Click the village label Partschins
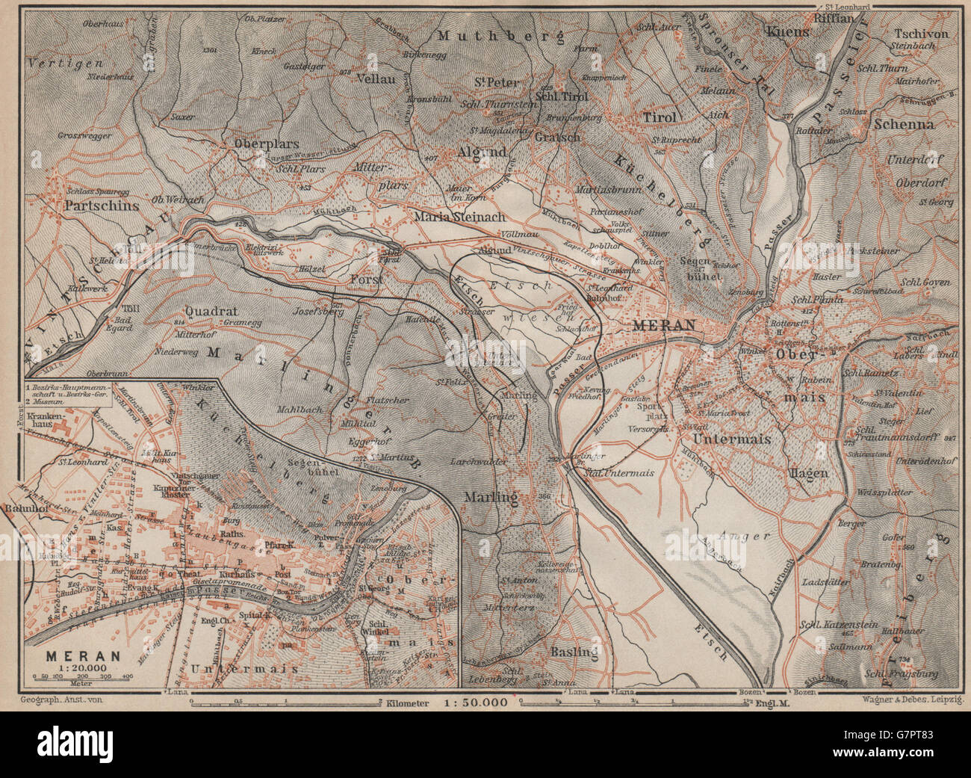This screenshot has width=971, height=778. tap(102, 204)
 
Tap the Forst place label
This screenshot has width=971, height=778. tap(366, 279)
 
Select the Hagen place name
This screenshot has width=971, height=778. tap(807, 472)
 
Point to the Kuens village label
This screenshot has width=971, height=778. tap(787, 31)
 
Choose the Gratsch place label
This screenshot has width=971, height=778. tap(551, 138)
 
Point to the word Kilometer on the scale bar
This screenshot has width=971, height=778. tap(409, 703)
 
